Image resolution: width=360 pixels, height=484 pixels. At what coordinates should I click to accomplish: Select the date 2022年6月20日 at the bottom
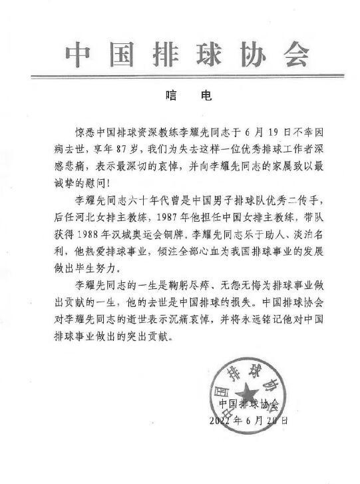click(250, 421)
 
